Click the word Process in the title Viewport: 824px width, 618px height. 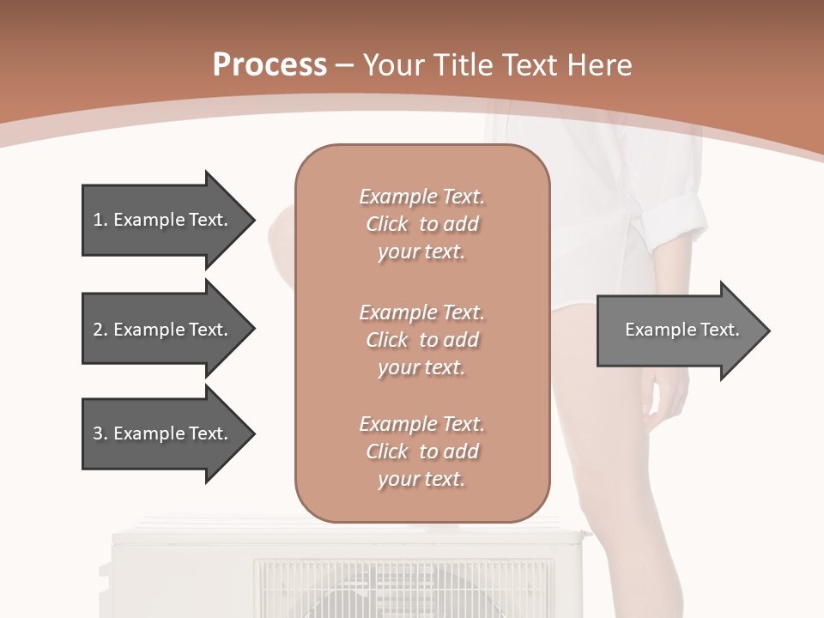(x=270, y=65)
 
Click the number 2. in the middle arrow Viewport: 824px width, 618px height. (x=100, y=330)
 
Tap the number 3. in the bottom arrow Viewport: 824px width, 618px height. (x=100, y=433)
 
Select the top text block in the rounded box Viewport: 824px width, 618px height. (x=421, y=224)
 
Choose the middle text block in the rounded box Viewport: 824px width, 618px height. (x=421, y=340)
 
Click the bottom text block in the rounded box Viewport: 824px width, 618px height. (x=421, y=451)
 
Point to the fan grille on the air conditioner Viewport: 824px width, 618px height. (x=403, y=589)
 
